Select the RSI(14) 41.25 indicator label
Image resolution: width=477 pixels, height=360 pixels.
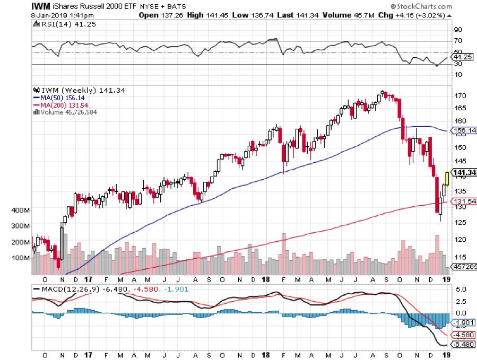[x=57, y=24]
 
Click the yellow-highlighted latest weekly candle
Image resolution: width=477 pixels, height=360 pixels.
[x=447, y=179]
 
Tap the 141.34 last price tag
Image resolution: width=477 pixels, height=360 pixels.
[x=462, y=172]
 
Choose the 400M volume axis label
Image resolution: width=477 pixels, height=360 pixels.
[x=21, y=210]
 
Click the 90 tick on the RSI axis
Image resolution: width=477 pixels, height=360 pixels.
[x=457, y=30]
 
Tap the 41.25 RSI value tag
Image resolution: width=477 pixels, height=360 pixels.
[x=461, y=56]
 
